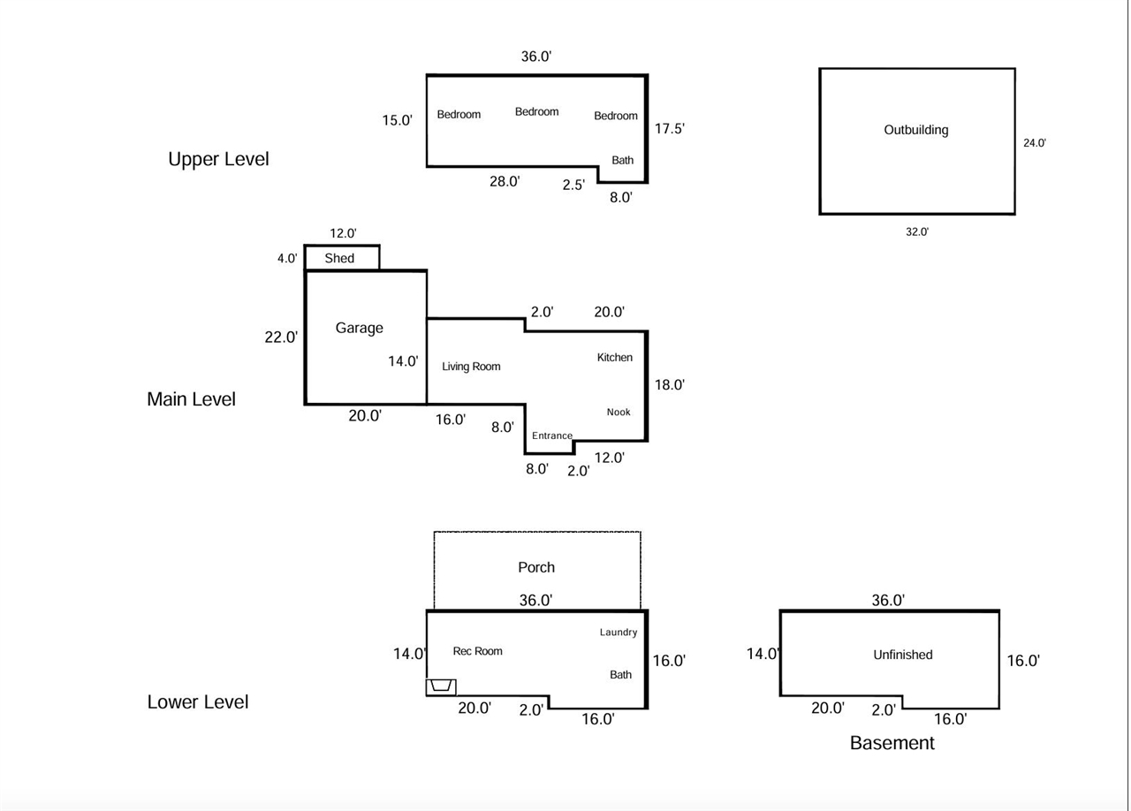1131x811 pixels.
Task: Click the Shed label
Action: point(339,258)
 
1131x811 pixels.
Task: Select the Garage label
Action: point(359,328)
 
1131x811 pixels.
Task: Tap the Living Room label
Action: point(471,367)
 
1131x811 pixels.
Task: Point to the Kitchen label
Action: point(615,358)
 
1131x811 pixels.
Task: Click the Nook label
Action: point(619,413)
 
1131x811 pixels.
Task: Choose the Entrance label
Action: point(552,436)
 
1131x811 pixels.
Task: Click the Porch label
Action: point(536,567)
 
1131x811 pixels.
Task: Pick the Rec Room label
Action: point(477,651)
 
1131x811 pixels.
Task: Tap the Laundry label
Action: point(619,633)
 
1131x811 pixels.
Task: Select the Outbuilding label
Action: point(916,130)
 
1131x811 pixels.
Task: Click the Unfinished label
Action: point(903,655)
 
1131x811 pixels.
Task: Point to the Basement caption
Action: point(892,743)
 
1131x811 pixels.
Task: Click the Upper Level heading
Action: point(218,159)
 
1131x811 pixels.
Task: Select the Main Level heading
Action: point(191,399)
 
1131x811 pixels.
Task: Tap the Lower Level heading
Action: point(198,702)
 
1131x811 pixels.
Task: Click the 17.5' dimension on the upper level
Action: point(670,129)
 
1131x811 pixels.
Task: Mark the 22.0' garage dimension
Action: point(281,337)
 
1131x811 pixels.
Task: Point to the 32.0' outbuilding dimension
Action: point(917,232)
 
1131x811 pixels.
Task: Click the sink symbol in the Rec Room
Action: point(441,686)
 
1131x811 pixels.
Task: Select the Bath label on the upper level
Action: point(623,160)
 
